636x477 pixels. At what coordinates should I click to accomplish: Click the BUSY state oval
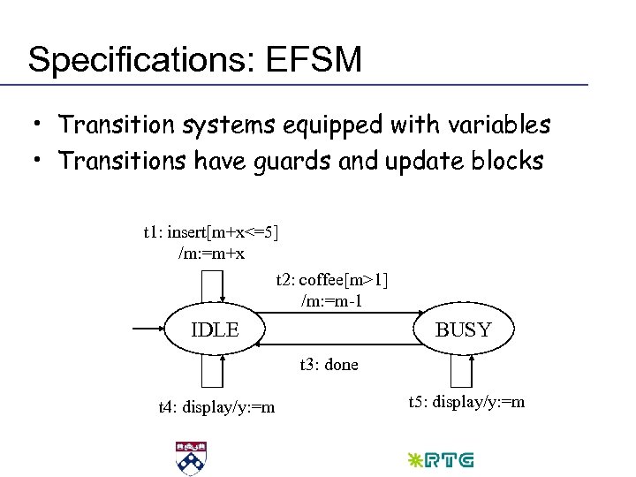(x=464, y=330)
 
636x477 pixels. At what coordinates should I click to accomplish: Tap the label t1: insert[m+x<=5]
(x=210, y=232)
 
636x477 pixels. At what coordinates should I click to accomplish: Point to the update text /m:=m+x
(x=211, y=254)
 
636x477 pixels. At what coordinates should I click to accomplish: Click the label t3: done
(x=329, y=365)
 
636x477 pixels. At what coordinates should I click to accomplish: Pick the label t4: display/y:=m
(x=216, y=407)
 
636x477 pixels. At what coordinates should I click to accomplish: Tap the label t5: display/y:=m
(x=466, y=403)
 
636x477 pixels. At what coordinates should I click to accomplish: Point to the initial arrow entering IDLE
(x=148, y=330)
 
